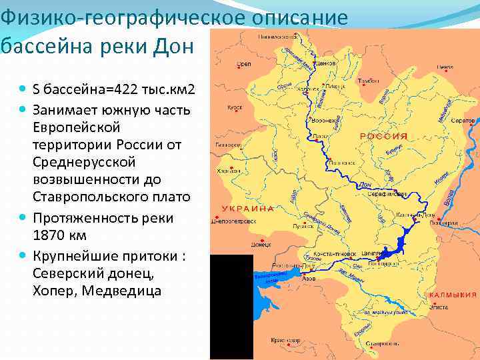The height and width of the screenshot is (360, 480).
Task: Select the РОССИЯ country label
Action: [x=383, y=136]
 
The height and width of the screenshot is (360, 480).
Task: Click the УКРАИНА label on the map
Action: [x=251, y=209]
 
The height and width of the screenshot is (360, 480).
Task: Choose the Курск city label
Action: [x=234, y=106]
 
